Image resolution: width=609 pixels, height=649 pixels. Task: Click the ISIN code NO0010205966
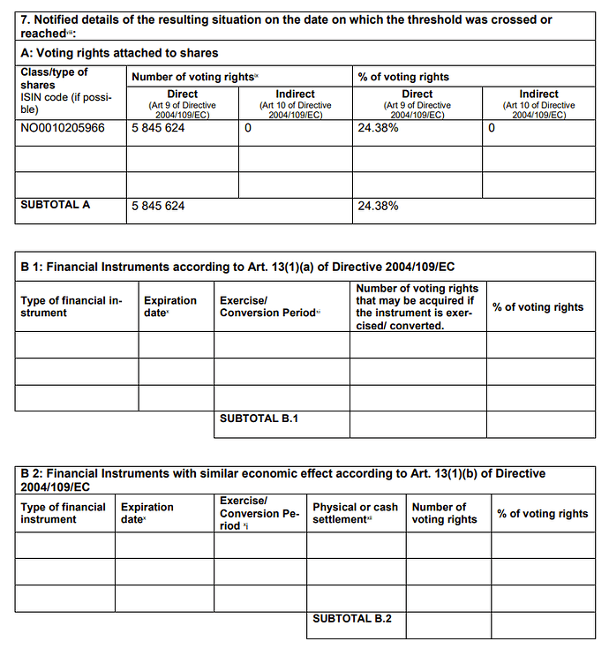[62, 128]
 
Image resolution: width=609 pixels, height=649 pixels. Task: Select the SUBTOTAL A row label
[56, 205]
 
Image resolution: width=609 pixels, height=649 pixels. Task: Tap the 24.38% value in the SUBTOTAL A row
[378, 206]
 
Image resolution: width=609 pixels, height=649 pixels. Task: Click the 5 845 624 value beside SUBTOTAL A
[158, 206]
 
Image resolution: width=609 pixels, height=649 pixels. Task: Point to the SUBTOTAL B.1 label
[259, 419]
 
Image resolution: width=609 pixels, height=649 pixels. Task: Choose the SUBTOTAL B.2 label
[352, 619]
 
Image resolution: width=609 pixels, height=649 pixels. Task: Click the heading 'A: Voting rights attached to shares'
[119, 54]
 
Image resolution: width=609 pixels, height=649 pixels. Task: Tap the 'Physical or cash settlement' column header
[355, 513]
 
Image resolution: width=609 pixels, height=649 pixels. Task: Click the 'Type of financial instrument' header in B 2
[63, 513]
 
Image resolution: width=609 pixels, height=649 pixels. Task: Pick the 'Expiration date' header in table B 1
[170, 306]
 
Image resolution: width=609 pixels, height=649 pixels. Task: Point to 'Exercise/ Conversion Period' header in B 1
[269, 306]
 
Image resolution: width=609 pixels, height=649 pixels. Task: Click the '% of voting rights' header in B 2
[542, 514]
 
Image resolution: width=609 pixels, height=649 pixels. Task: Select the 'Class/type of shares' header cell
[54, 79]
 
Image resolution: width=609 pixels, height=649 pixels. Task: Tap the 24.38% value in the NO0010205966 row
[378, 128]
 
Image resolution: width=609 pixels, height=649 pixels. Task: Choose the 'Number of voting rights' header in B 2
[444, 513]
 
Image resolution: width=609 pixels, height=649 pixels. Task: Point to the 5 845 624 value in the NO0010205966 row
[158, 128]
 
